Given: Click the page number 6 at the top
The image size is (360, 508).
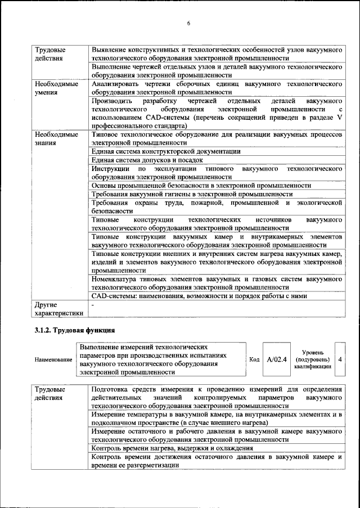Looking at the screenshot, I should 189,23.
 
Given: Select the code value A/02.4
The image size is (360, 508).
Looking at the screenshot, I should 277,358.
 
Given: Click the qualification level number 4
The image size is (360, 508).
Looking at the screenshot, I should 340,358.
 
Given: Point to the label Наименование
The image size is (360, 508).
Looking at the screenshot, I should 53,359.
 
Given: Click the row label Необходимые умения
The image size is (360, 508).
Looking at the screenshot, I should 56,88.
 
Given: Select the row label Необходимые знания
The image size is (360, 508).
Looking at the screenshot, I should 56,139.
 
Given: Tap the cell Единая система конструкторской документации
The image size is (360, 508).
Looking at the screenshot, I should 166,151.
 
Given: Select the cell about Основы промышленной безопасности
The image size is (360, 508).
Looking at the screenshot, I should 201,185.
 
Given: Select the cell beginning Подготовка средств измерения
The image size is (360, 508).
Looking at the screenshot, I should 217,397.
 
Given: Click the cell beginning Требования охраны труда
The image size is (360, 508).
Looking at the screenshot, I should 217,206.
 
